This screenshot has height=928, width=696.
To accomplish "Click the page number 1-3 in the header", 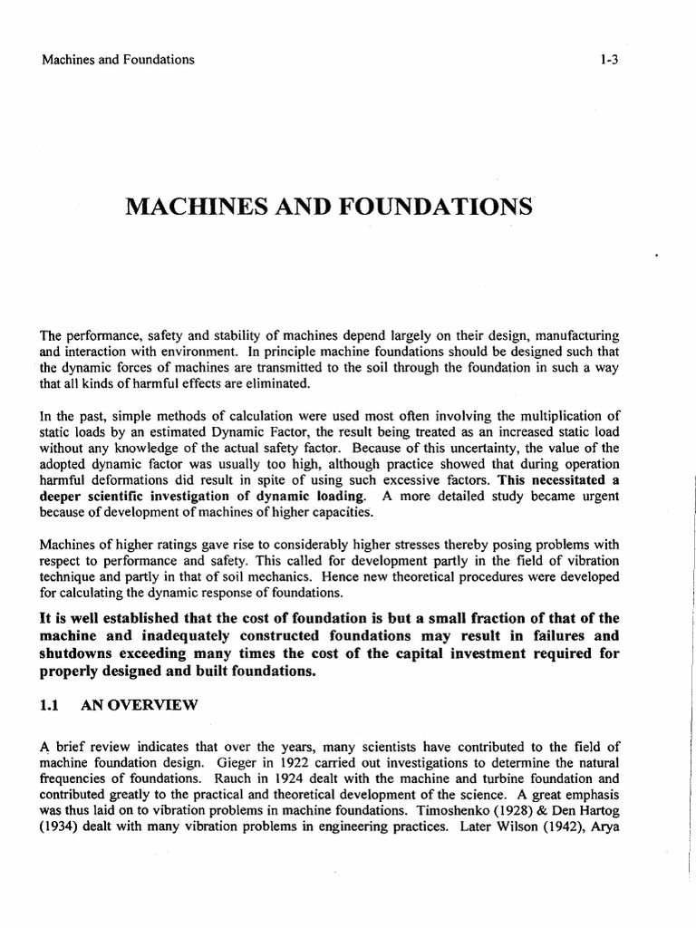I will pyautogui.click(x=607, y=60).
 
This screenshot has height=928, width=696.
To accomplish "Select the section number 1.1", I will pyautogui.click(x=50, y=704).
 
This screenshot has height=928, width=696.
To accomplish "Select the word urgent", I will pyautogui.click(x=599, y=496).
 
